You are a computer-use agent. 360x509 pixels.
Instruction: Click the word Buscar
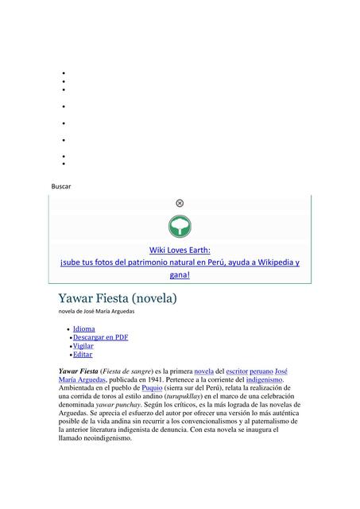61,186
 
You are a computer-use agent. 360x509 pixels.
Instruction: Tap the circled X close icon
180,204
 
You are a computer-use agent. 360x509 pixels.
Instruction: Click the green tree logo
180,226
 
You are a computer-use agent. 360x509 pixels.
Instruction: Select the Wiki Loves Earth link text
180,250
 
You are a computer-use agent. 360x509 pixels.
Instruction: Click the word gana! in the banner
180,275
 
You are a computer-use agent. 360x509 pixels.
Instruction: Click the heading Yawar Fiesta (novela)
117,298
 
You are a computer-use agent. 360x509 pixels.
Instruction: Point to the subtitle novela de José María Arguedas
96,312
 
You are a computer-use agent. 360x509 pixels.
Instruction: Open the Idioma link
83,328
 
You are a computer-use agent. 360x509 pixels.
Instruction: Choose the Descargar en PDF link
100,337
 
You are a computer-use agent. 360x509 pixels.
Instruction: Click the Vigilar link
83,346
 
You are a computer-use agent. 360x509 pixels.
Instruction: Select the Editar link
82,355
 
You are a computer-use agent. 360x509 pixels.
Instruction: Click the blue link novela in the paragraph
203,371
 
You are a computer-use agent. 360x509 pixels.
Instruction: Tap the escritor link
237,371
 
